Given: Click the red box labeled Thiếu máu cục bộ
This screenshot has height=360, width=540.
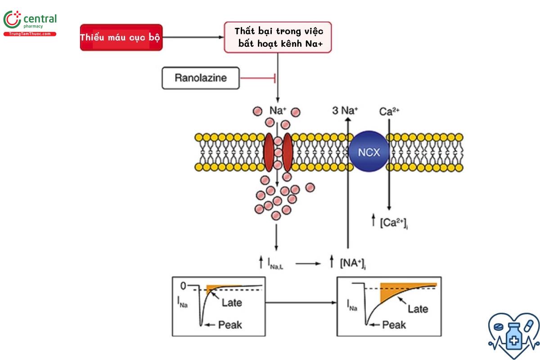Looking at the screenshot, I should [x=120, y=37].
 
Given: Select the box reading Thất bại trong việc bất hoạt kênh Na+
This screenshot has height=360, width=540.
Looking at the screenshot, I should [x=278, y=37].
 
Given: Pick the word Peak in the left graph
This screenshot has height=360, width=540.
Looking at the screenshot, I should [x=230, y=324].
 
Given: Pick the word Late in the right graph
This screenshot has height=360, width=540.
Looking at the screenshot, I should [x=418, y=309].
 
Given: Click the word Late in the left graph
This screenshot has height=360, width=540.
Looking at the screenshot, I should [x=232, y=302].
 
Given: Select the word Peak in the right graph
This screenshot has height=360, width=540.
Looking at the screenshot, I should [x=394, y=324].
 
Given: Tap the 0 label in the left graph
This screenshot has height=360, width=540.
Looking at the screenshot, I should [x=183, y=286].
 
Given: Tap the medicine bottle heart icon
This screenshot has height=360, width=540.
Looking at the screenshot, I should [x=513, y=332].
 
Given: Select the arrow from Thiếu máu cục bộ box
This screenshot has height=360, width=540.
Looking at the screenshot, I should [x=193, y=37].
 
